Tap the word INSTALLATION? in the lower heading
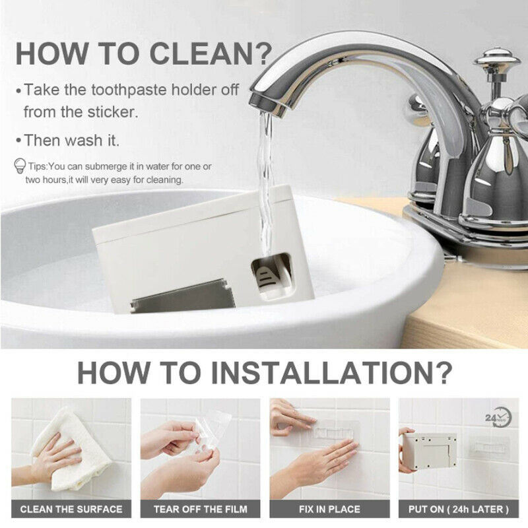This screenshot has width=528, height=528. pyautogui.click(x=331, y=372)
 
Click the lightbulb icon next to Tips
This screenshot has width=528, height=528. pyautogui.click(x=20, y=166)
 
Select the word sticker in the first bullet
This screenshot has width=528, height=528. pyautogui.click(x=112, y=112)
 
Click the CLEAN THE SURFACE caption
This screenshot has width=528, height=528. pyautogui.click(x=71, y=509)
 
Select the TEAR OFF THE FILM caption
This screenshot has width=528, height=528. pyautogui.click(x=201, y=509)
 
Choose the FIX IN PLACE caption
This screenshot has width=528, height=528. pyautogui.click(x=329, y=509)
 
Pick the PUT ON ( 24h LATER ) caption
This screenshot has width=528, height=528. pyautogui.click(x=459, y=509)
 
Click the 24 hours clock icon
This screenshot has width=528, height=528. pyautogui.click(x=498, y=418)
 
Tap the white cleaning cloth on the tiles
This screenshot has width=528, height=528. pyautogui.click(x=67, y=448)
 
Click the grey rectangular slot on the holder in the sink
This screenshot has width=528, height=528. pyautogui.click(x=183, y=296)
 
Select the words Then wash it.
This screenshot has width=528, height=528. pyautogui.click(x=72, y=140)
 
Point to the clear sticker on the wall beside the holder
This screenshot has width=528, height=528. pyautogui.click(x=489, y=448)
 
